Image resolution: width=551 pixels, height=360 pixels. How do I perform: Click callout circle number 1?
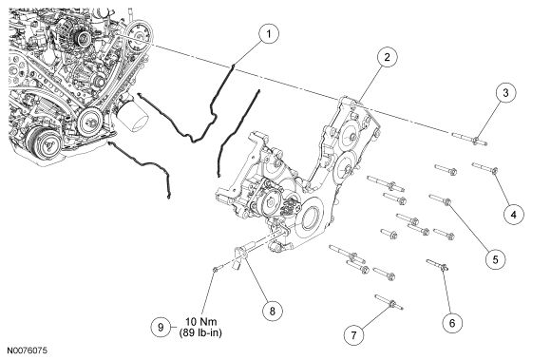pyautogui.click(x=269, y=33)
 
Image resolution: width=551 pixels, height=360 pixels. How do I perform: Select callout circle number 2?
pyautogui.click(x=387, y=57)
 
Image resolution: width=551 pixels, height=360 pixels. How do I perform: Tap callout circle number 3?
pyautogui.click(x=505, y=93)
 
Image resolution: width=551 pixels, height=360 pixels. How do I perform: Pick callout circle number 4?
pyautogui.click(x=513, y=214)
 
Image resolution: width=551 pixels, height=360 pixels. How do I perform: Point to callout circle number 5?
pyautogui.click(x=495, y=259)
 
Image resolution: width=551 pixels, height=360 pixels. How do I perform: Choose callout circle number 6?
pyautogui.click(x=452, y=322)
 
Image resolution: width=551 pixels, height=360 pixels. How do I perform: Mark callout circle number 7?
pyautogui.click(x=353, y=335)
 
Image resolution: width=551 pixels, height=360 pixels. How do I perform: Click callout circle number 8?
pyautogui.click(x=273, y=310)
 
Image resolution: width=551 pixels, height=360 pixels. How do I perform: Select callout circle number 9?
pyautogui.click(x=161, y=328)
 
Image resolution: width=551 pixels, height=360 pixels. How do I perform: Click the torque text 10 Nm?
pyautogui.click(x=201, y=321)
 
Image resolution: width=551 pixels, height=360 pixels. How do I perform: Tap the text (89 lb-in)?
pyautogui.click(x=200, y=332)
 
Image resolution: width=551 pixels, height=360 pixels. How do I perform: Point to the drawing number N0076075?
pyautogui.click(x=28, y=351)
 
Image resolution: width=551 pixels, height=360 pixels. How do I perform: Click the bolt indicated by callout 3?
pyautogui.click(x=469, y=139)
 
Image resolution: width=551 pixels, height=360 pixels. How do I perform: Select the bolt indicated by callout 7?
pyautogui.click(x=389, y=302)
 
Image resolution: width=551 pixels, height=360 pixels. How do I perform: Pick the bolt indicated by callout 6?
pyautogui.click(x=437, y=265)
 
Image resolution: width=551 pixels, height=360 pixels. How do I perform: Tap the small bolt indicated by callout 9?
pyautogui.click(x=217, y=269)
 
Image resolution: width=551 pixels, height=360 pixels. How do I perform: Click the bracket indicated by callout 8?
pyautogui.click(x=240, y=256)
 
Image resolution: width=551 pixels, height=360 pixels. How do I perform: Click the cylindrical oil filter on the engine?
pyautogui.click(x=132, y=117)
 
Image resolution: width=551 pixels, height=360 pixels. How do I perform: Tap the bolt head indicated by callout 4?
pyautogui.click(x=494, y=171)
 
